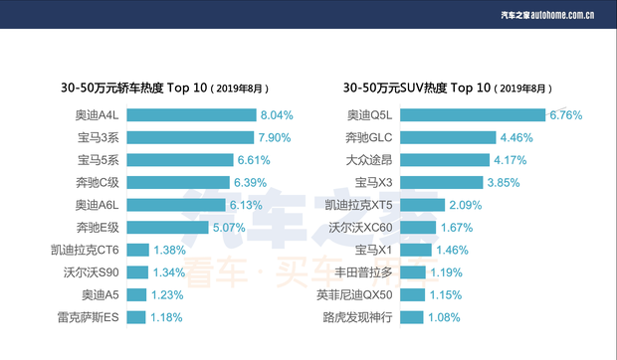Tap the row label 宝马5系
[99, 160]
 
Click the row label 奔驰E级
[99, 228]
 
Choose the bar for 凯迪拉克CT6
[137, 250]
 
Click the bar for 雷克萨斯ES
[136, 317]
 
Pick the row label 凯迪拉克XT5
[359, 205]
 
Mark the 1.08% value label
[446, 317]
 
